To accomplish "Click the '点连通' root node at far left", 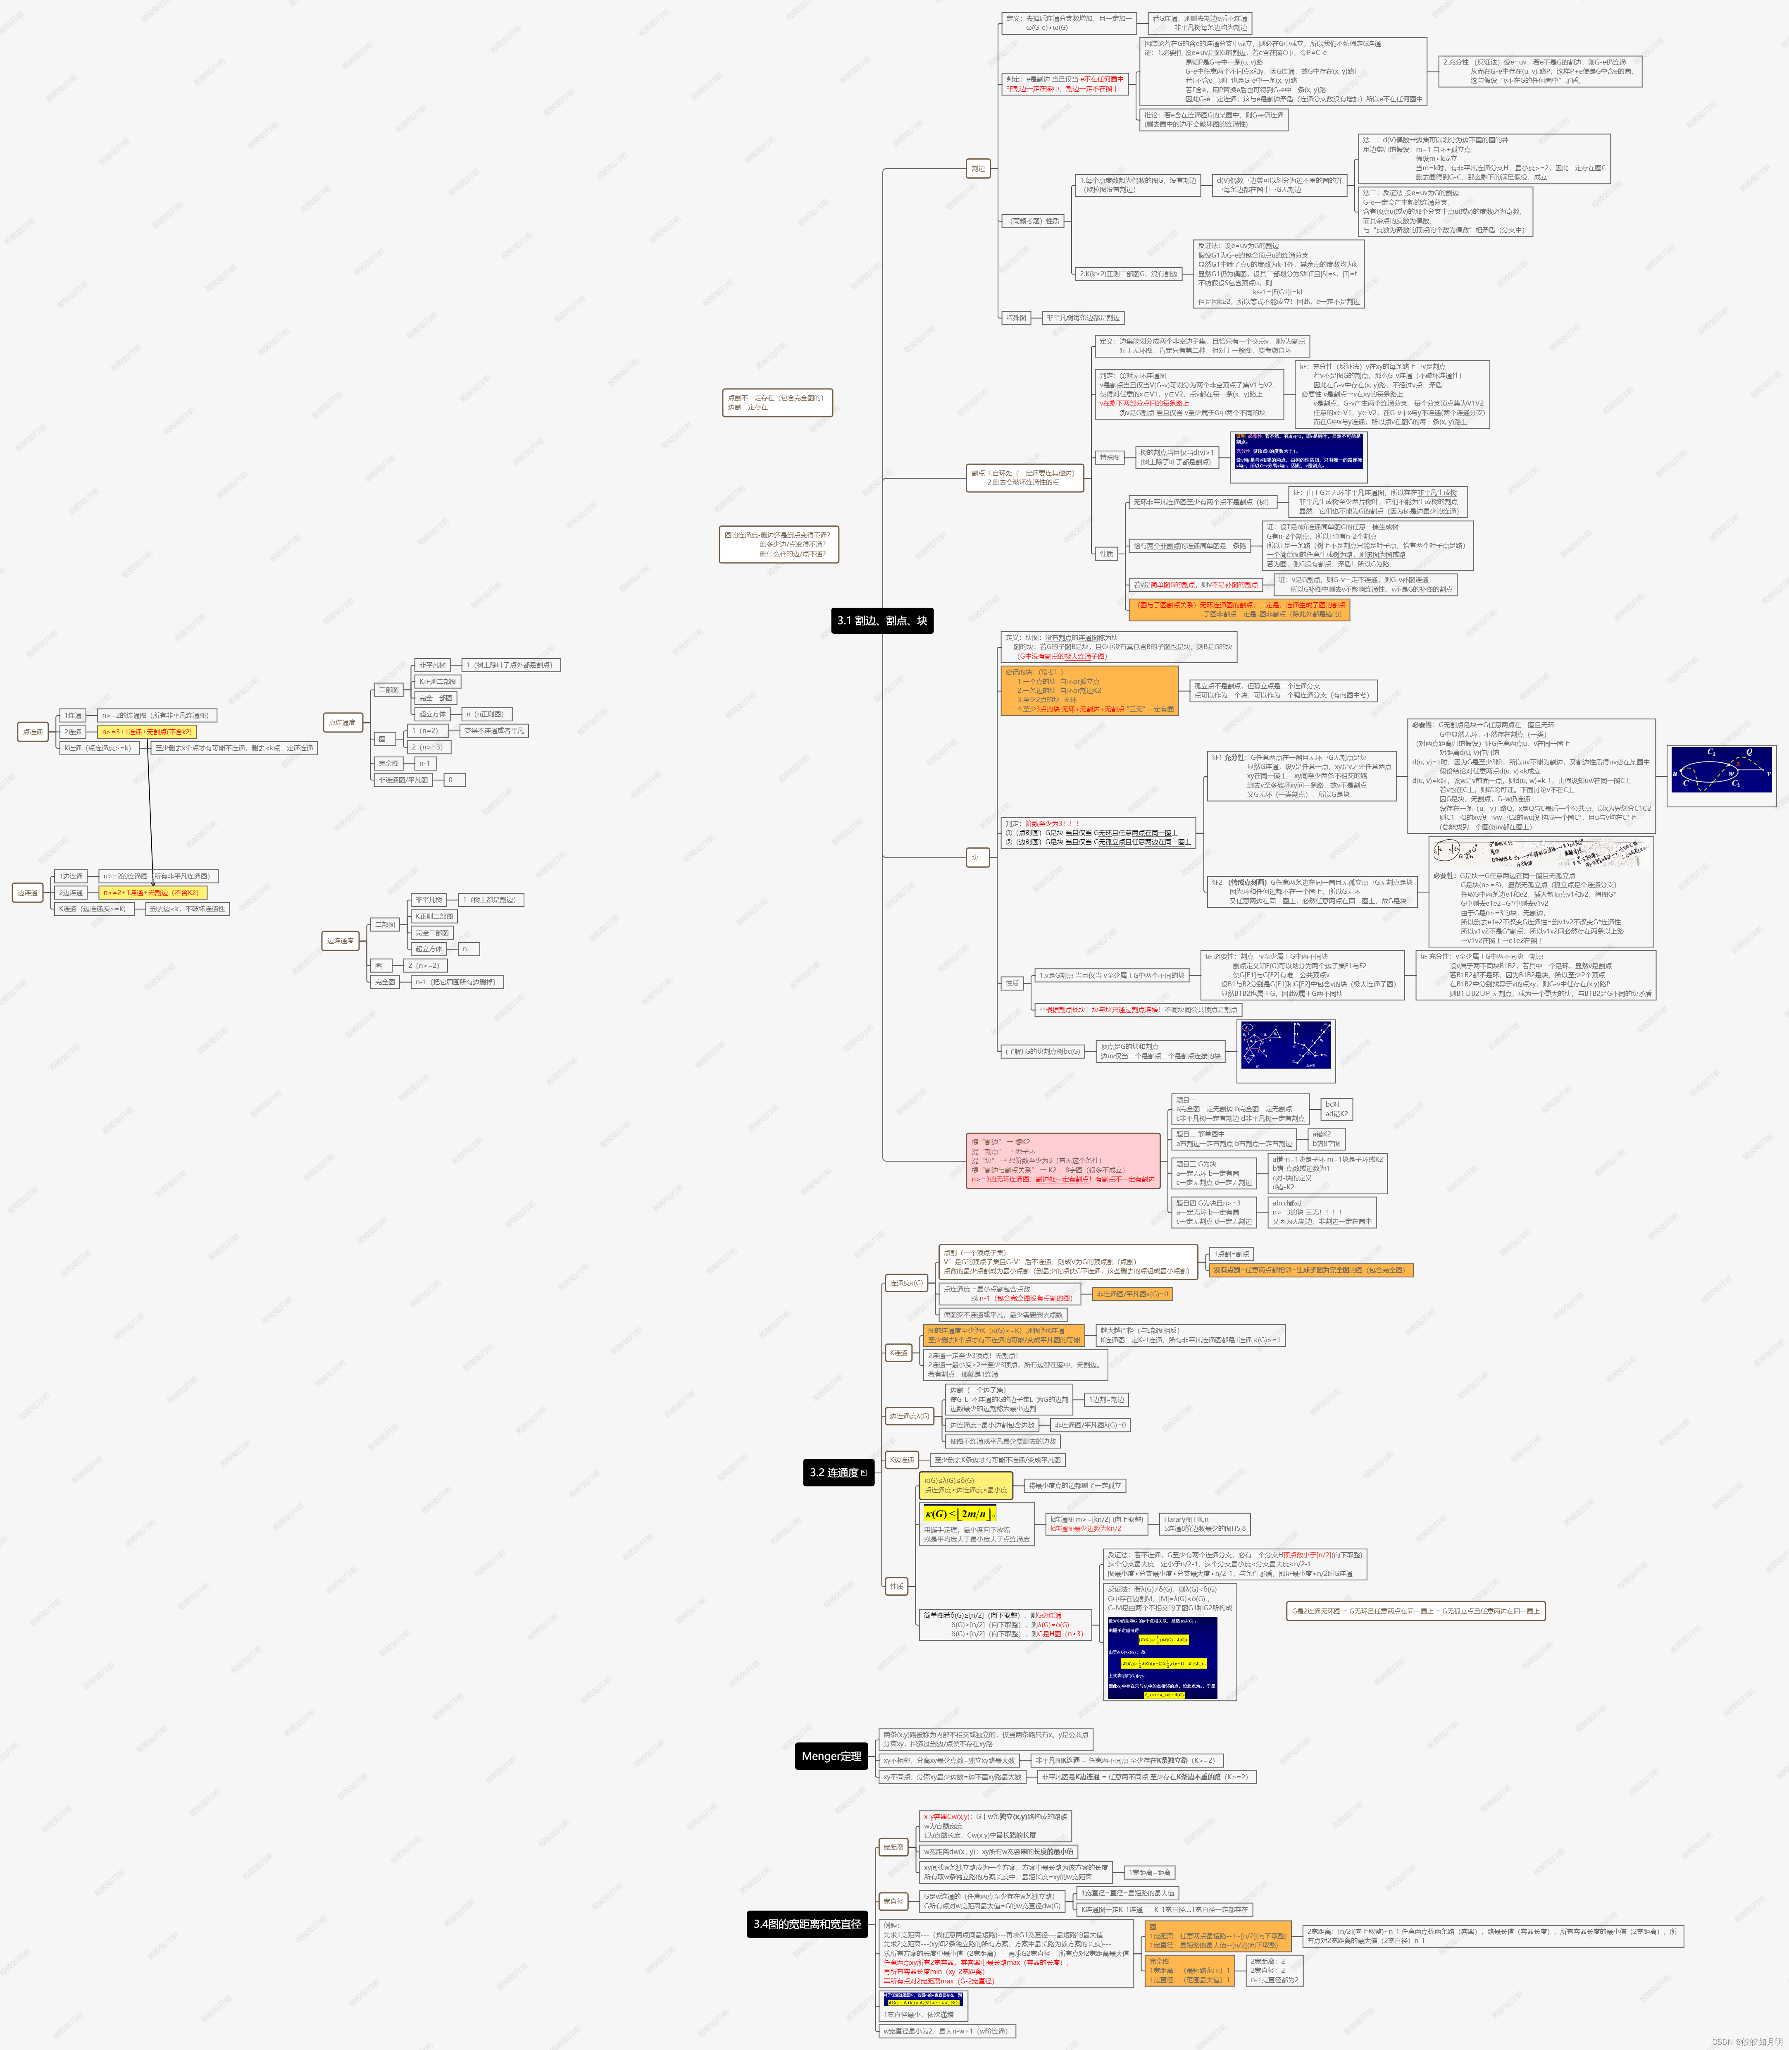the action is pos(33,732).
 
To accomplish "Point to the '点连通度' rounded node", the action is pos(341,722).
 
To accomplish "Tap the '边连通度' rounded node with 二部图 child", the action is pos(339,940).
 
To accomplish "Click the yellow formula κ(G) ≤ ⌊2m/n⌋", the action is pos(958,1514).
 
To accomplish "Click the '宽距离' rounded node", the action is pos(893,1847).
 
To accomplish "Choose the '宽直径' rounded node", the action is pos(893,1901).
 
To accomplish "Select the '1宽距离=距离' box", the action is pos(1149,1872).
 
